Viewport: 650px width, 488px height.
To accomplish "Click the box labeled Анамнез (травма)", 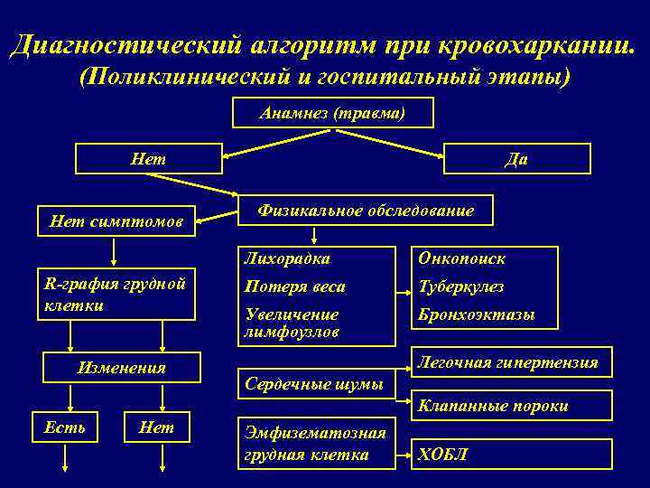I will point(332,114).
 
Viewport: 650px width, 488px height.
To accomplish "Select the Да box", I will point(517,158).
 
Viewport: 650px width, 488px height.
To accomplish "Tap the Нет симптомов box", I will point(116,220).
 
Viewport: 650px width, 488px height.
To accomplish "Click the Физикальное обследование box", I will point(366,211).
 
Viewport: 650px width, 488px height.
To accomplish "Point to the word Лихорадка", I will point(286,259).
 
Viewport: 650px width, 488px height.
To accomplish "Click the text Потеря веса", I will point(294,287).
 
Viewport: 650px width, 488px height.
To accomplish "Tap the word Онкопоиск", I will point(461,259).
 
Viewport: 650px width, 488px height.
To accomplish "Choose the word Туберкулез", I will point(460,287).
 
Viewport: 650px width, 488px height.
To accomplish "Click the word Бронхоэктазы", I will point(476,315).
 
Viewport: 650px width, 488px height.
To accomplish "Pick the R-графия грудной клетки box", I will point(116,294).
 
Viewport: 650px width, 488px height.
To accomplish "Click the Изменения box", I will point(122,368).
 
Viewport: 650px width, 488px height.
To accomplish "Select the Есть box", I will point(65,427).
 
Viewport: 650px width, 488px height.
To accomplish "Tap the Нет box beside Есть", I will point(157,427).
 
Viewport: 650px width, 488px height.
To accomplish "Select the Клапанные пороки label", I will point(493,406).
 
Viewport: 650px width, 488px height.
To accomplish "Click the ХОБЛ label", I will point(442,454).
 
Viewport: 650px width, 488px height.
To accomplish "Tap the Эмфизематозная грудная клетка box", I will point(316,444).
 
